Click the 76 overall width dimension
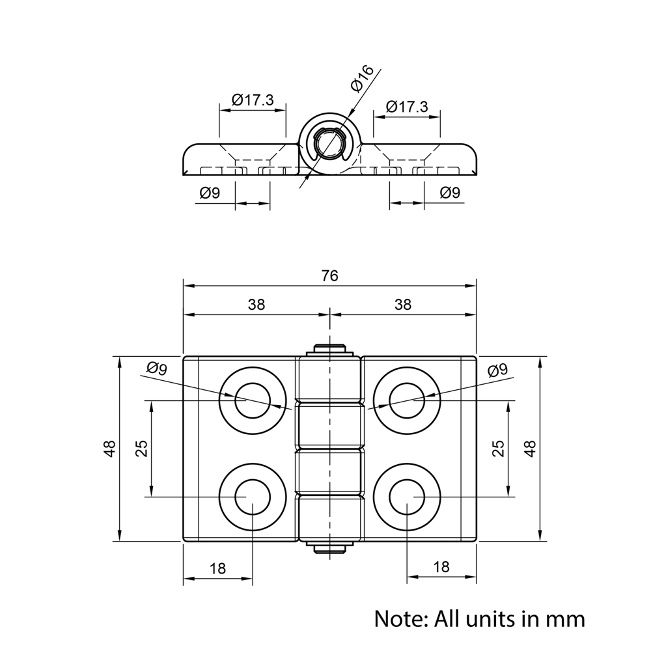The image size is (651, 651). click(330, 276)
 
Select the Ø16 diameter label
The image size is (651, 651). click(361, 79)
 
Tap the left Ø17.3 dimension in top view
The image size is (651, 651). click(253, 100)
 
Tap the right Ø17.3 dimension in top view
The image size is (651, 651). click(407, 107)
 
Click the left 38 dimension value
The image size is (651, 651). click(256, 305)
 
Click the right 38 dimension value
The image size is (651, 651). click(403, 305)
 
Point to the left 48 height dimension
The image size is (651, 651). click(109, 449)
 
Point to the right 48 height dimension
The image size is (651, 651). click(530, 449)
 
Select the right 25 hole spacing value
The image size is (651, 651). click(498, 449)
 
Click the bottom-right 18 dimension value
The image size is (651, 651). click(441, 567)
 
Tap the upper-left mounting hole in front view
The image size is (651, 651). click(253, 400)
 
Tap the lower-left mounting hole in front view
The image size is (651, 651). click(253, 498)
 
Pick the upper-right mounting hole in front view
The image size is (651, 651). click(407, 400)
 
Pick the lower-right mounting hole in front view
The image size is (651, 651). click(407, 498)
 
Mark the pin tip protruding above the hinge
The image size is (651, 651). click(330, 348)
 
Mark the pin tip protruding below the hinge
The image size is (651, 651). click(330, 548)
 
